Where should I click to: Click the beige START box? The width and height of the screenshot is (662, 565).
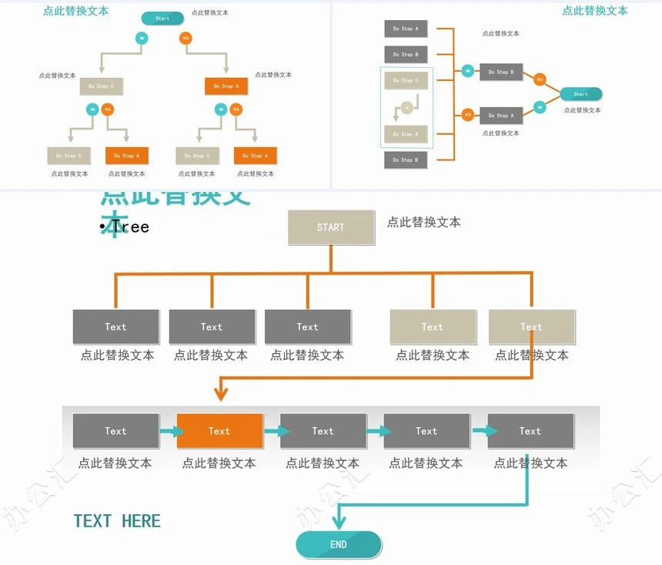coord(331,227)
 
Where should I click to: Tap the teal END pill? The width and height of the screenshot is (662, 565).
coord(339,544)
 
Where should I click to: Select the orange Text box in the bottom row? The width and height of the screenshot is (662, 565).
coord(219,431)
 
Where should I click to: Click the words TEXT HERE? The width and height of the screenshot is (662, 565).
coord(117,521)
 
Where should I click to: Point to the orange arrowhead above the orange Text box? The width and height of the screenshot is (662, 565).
coord(221,394)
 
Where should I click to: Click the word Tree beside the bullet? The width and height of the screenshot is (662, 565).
coord(130,227)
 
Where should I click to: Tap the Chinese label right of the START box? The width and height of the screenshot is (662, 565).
coord(423,222)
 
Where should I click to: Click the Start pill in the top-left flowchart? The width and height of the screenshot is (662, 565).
coord(162,18)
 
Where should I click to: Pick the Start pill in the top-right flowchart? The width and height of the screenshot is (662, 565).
coord(580,94)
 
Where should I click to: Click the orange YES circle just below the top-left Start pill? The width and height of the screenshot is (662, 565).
coord(186,38)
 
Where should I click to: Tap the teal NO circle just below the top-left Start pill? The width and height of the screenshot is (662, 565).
coord(142,38)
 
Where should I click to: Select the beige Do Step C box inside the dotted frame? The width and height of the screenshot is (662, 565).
coord(406,80)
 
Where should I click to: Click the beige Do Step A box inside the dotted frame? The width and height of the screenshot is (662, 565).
coord(406,134)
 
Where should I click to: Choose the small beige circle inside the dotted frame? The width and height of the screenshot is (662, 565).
coord(406,108)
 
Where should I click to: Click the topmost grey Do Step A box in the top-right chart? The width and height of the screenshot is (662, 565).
coord(406,29)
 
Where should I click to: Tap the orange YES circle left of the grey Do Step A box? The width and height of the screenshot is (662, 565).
coord(467,116)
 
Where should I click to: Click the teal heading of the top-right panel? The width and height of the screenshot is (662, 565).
coord(594,11)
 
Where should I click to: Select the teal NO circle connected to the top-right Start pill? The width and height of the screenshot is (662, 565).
coord(540,107)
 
